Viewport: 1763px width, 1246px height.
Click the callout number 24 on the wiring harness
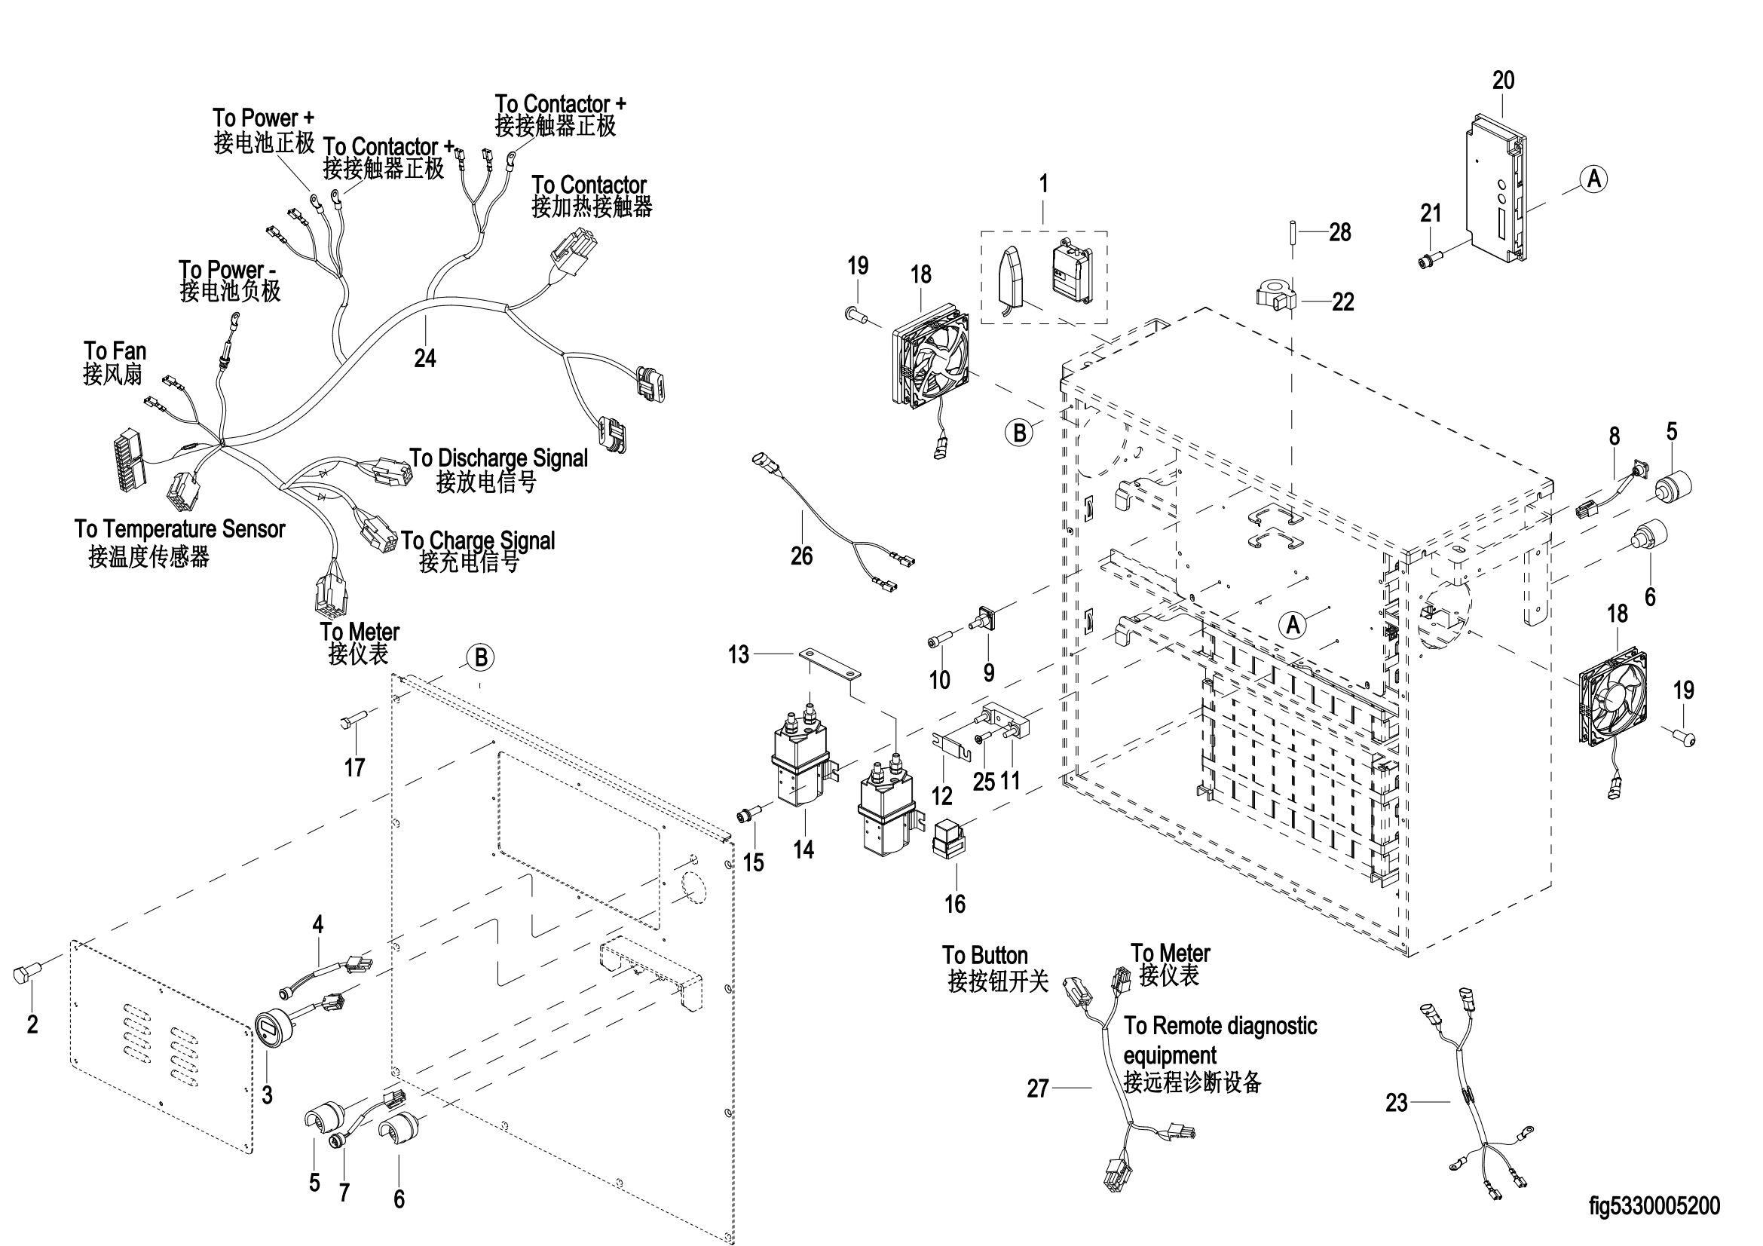tap(424, 358)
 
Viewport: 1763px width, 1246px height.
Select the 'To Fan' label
tap(115, 351)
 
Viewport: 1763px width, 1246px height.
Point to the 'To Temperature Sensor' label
tap(179, 529)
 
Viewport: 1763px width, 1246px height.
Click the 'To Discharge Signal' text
tap(498, 458)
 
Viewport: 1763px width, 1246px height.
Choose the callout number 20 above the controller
tap(1503, 80)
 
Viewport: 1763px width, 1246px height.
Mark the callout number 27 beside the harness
tap(1037, 1088)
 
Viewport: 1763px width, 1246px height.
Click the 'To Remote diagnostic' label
tap(1220, 1027)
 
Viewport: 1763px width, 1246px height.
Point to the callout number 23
tap(1396, 1103)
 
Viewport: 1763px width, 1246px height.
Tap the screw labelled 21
tap(1429, 262)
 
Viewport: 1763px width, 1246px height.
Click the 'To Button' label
tap(984, 955)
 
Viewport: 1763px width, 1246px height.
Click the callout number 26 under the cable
tap(801, 556)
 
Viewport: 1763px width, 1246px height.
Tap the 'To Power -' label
tap(227, 271)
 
